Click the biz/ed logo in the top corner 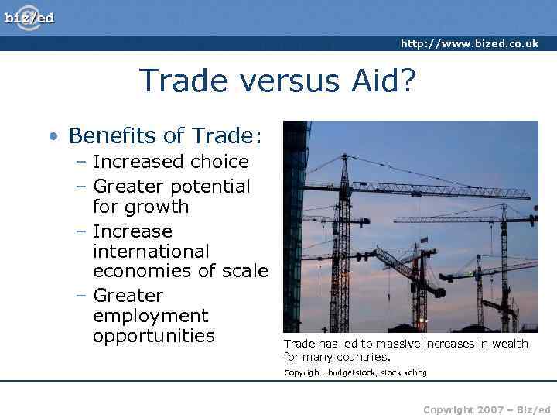29,16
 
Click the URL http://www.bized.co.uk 469,44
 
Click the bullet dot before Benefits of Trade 52,137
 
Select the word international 151,252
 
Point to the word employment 150,316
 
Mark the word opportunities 153,336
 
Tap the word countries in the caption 366,357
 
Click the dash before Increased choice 81,163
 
